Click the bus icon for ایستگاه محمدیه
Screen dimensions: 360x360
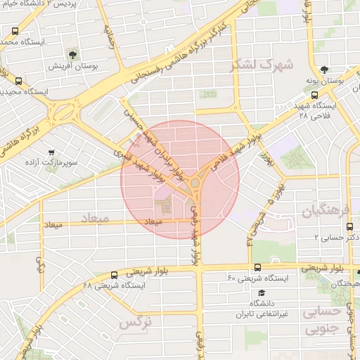[x=16, y=31]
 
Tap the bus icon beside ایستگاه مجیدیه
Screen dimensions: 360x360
[x=18, y=80]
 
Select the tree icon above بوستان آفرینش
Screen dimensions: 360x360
[x=73, y=53]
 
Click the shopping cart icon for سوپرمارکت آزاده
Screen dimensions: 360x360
[x=51, y=152]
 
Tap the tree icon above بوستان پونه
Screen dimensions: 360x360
[x=324, y=70]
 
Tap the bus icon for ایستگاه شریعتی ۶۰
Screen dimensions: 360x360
[x=258, y=267]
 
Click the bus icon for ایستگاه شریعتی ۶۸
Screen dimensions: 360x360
[x=115, y=274]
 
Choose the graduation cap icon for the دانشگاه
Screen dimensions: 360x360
[x=262, y=292]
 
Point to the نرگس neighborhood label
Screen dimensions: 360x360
[x=135, y=323]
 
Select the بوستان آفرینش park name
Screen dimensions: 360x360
[x=71, y=66]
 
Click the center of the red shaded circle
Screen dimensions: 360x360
[x=180, y=179]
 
